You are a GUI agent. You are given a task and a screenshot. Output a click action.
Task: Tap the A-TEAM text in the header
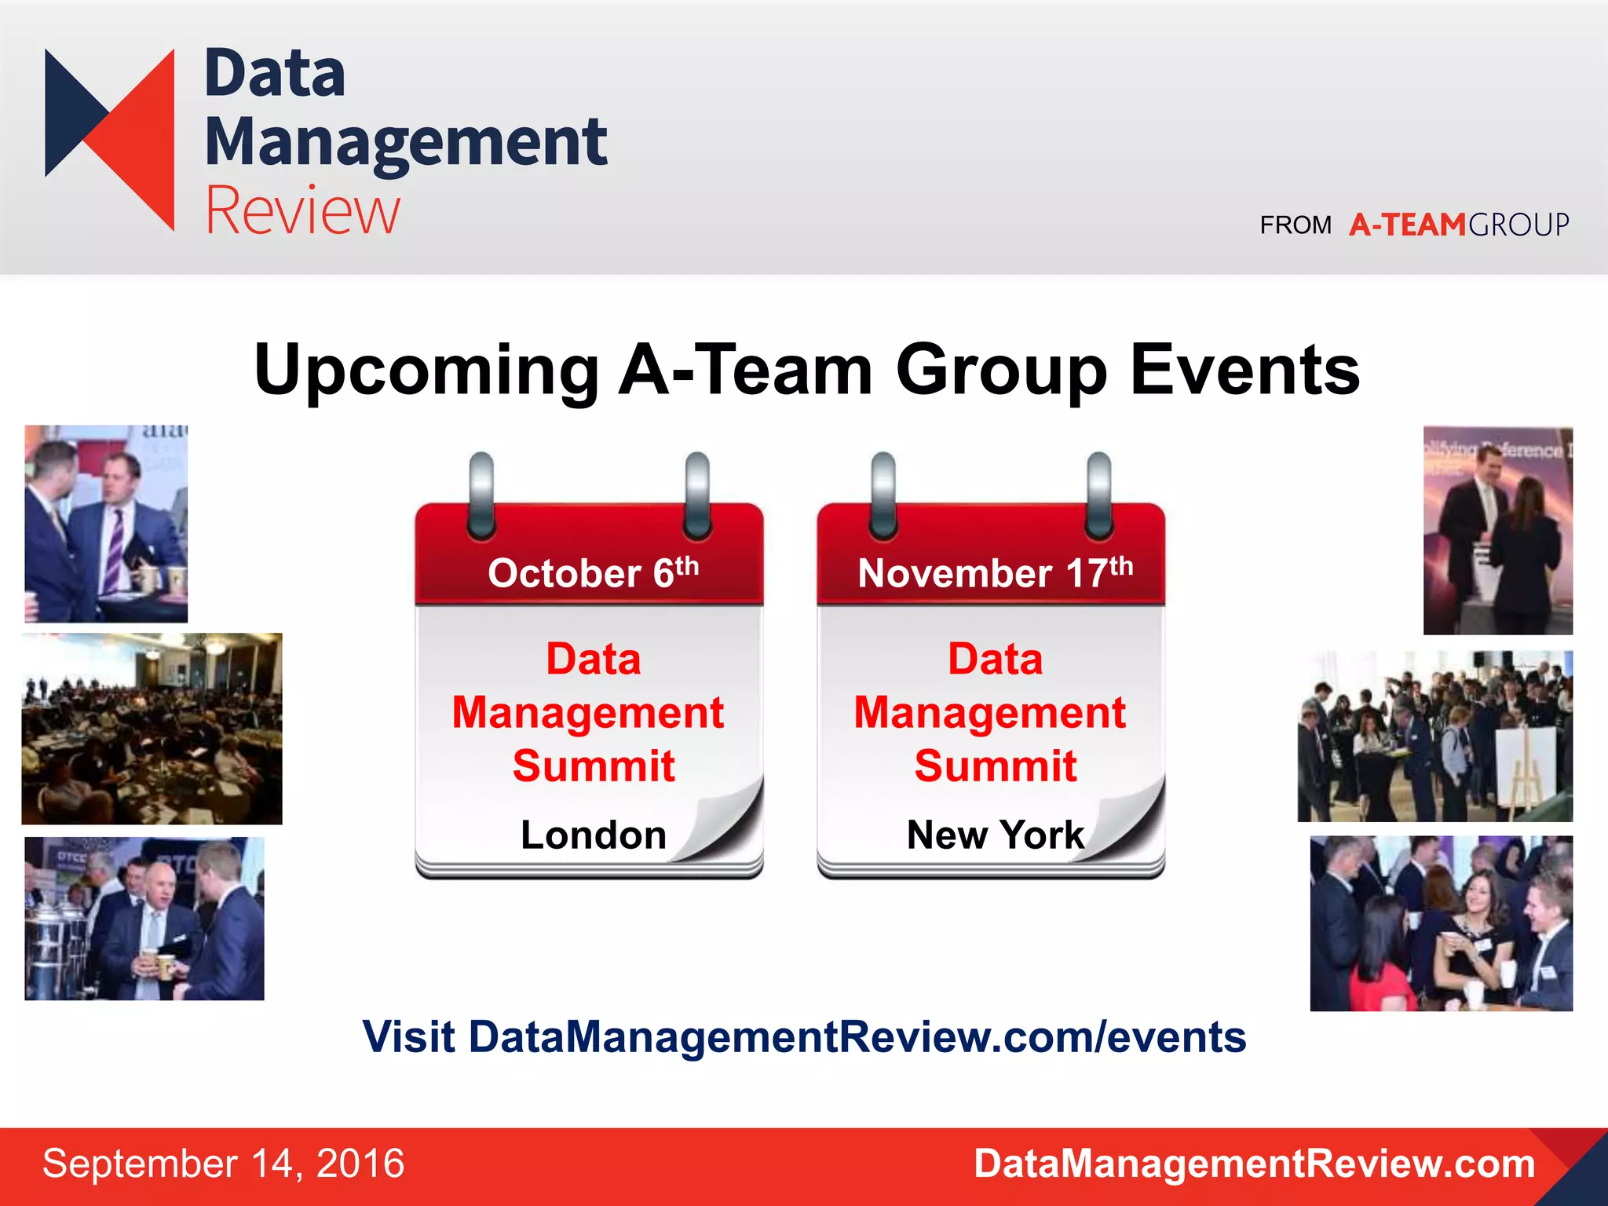click(x=1407, y=225)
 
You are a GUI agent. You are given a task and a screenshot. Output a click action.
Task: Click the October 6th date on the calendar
click(x=593, y=572)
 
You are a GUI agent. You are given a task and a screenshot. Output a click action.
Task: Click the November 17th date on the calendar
click(x=995, y=572)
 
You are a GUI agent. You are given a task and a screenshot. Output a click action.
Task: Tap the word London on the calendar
click(x=593, y=835)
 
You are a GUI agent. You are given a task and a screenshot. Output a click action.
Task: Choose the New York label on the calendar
click(x=995, y=835)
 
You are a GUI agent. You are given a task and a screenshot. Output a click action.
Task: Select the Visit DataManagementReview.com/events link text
click(x=803, y=1037)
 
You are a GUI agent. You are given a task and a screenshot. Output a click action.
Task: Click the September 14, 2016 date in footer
click(x=223, y=1164)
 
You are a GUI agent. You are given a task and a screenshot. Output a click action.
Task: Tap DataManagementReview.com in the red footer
click(x=1254, y=1164)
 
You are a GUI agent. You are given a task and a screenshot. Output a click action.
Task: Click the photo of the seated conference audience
click(x=152, y=729)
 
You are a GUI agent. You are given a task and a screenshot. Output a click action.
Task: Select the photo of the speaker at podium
click(x=1497, y=531)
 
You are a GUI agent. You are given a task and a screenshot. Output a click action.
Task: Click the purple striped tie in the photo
click(x=115, y=550)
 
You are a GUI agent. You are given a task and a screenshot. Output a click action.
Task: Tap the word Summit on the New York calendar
click(x=995, y=766)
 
